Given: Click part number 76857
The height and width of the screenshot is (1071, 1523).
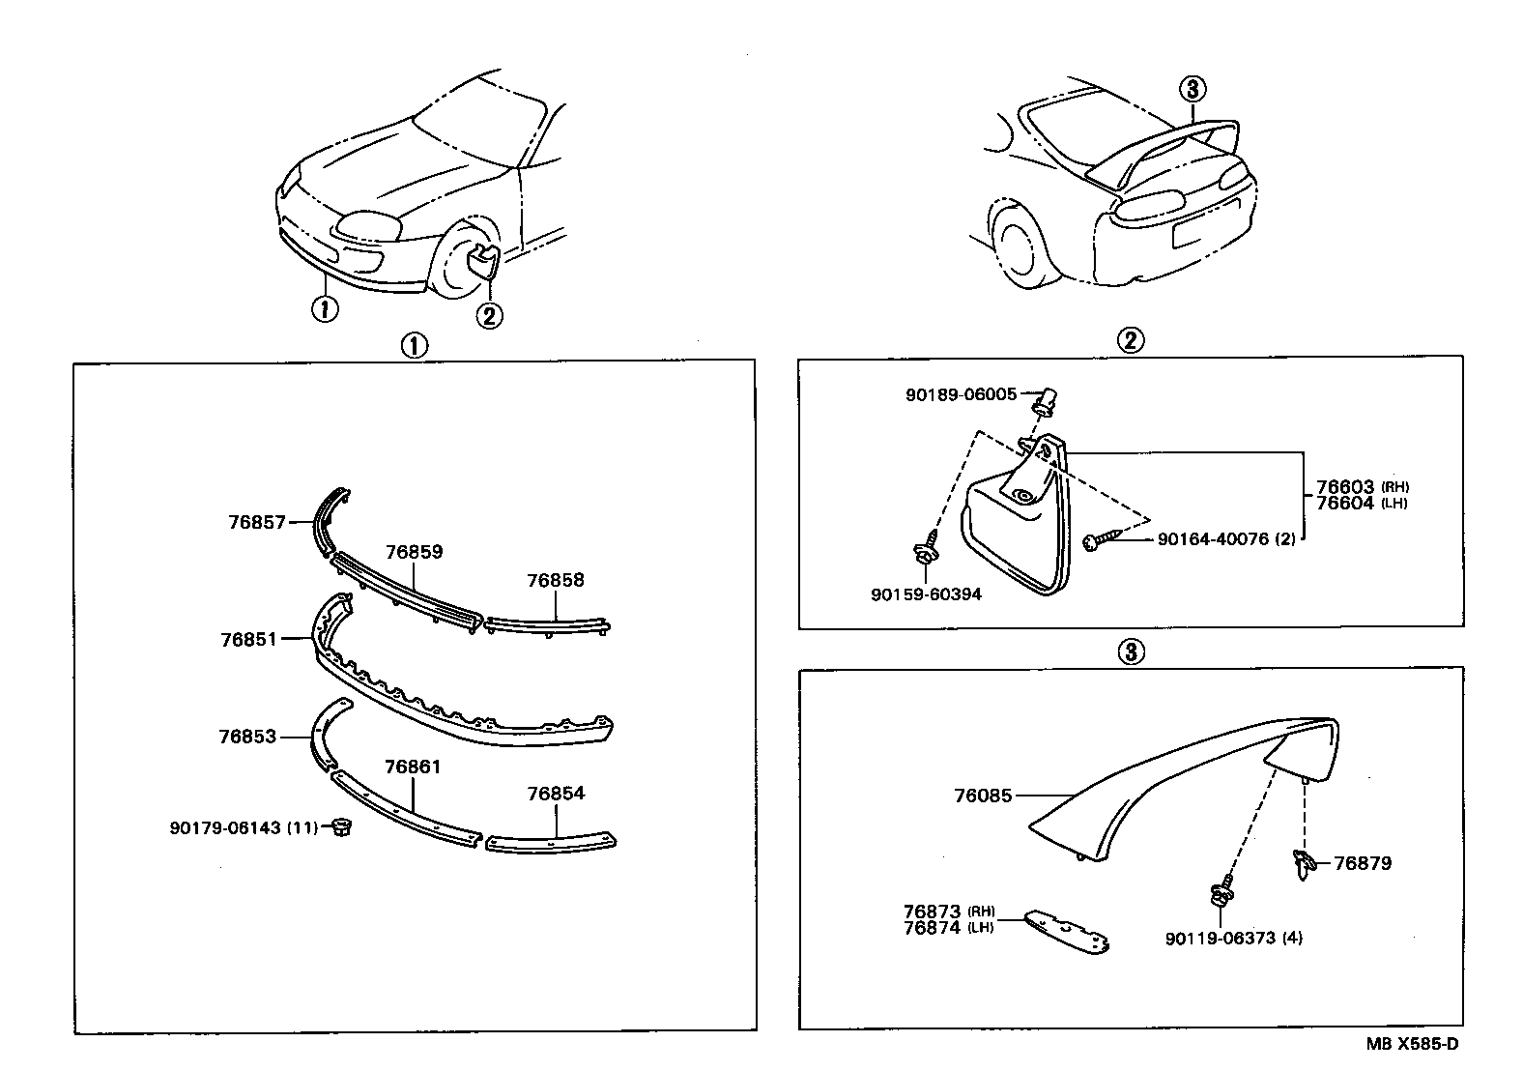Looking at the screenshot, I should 257,522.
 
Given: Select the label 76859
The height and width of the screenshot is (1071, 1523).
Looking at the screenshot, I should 414,552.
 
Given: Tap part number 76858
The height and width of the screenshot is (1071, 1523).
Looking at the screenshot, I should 556,581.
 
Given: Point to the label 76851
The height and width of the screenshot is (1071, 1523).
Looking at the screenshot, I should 248,639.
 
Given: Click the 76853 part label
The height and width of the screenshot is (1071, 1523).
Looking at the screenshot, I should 247,737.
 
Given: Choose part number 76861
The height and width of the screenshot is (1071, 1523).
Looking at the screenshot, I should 413,767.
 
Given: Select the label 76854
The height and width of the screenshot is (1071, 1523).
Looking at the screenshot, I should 556,794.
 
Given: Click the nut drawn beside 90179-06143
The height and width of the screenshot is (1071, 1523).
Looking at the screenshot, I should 339,827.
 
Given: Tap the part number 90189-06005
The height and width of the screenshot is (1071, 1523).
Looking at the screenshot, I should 961,394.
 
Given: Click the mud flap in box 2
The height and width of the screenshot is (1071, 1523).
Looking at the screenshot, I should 1015,532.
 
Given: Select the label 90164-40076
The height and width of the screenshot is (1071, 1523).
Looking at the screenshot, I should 1213,539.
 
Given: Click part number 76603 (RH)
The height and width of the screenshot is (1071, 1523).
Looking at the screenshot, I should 1345,487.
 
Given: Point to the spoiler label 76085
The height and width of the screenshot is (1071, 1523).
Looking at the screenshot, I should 983,796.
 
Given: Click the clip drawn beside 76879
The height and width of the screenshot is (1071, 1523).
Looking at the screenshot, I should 1302,861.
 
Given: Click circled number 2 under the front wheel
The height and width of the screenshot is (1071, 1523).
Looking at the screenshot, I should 489,314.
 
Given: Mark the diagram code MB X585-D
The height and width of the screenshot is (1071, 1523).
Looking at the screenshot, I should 1412,1044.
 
